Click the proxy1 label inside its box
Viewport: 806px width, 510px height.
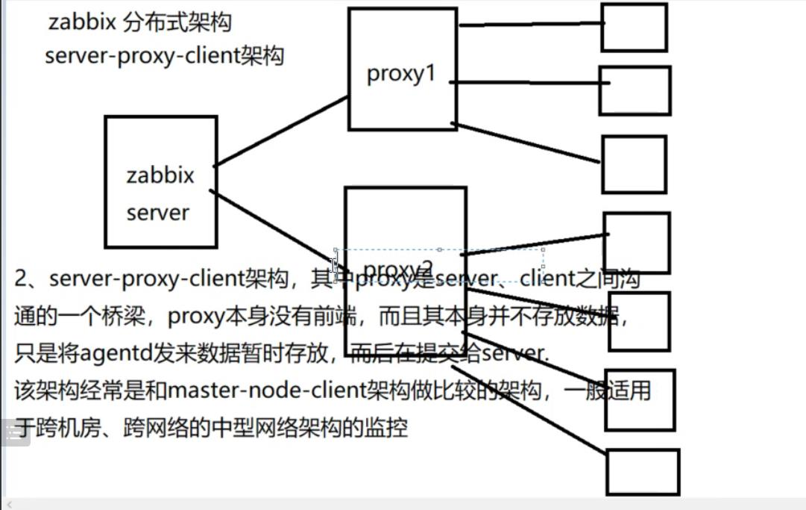coord(400,75)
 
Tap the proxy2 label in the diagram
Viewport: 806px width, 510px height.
coord(398,269)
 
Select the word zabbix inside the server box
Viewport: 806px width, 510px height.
coord(160,176)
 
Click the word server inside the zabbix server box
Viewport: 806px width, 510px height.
coord(158,213)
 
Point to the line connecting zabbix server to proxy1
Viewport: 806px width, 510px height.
coord(282,131)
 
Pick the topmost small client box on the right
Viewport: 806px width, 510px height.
coord(634,28)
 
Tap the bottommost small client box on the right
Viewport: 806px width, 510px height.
coord(642,471)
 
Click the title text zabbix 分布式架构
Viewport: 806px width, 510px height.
coord(140,22)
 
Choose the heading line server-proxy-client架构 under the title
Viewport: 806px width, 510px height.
coord(164,57)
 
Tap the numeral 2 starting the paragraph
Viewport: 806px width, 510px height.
coord(22,279)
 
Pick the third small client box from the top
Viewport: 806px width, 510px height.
coord(634,164)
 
